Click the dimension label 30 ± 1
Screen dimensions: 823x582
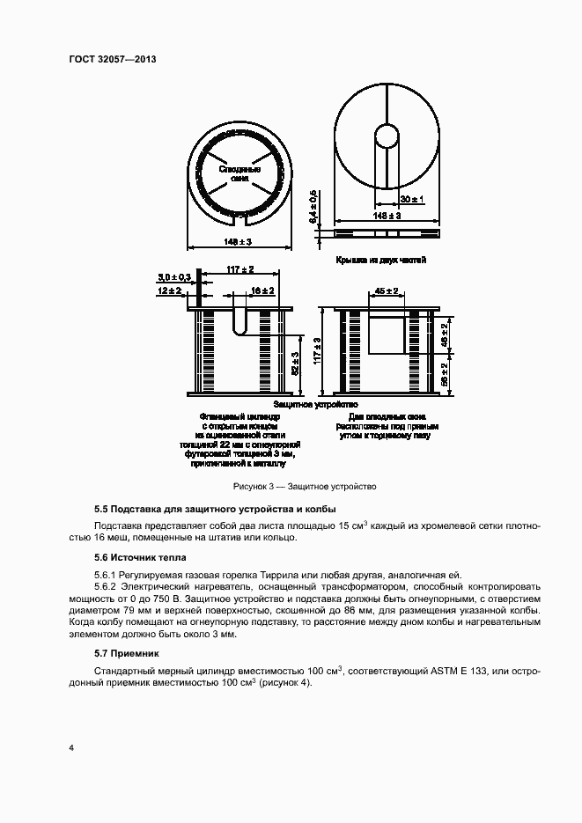(411, 200)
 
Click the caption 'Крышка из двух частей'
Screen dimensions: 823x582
(380, 261)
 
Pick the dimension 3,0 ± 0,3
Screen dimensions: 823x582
(174, 277)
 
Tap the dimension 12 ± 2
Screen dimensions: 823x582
(170, 290)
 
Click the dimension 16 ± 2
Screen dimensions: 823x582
(262, 290)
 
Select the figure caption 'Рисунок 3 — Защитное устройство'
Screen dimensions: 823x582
(305, 486)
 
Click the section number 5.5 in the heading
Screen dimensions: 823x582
(100, 510)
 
